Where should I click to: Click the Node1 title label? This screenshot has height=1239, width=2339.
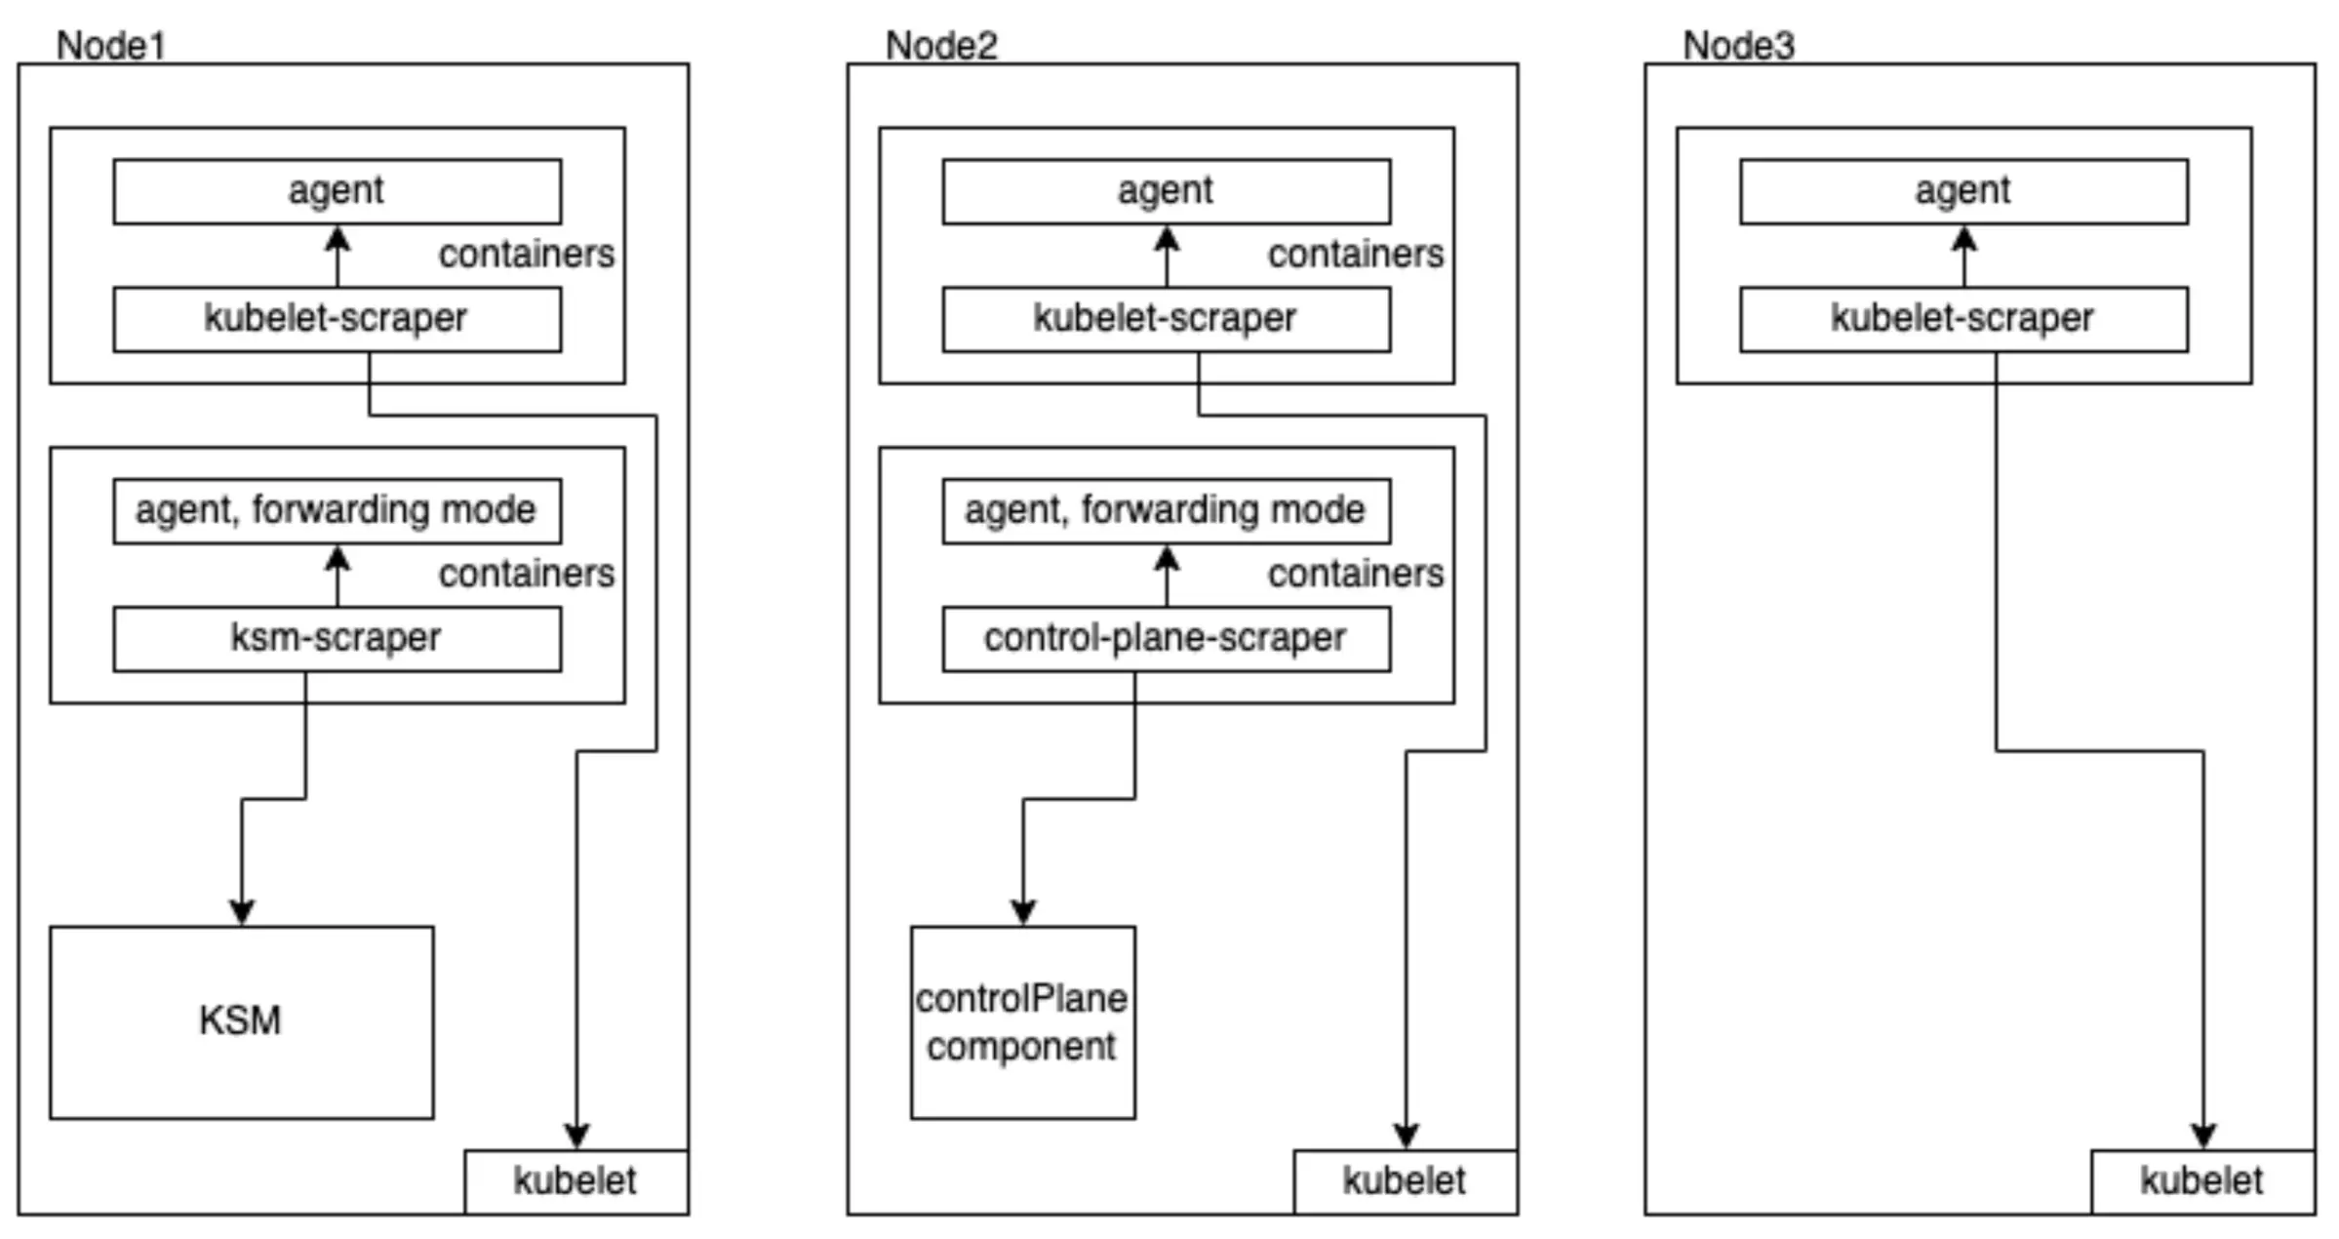click(110, 46)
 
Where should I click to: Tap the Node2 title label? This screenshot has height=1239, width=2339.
click(940, 46)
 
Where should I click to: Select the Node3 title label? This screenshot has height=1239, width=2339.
click(1738, 46)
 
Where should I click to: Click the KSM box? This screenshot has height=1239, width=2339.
click(241, 1021)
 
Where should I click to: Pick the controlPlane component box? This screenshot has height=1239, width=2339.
click(1022, 1021)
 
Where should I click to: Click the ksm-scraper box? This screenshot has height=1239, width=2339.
click(337, 639)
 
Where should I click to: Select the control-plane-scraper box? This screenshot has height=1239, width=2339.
click(1166, 639)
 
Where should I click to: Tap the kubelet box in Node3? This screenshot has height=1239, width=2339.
click(2201, 1181)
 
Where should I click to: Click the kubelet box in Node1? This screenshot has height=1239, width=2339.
click(575, 1181)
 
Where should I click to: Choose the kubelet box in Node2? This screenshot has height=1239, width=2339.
click(1405, 1181)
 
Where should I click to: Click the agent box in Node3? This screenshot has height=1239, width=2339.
click(1962, 191)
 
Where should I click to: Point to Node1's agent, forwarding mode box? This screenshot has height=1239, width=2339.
click(337, 510)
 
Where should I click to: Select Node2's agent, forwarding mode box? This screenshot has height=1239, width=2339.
click(1166, 510)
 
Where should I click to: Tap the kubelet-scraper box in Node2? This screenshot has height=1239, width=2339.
click(1166, 319)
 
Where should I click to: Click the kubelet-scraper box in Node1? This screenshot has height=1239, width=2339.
click(337, 319)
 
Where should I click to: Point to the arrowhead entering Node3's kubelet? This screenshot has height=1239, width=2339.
click(2203, 1136)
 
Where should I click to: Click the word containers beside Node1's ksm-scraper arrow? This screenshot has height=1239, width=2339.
click(526, 574)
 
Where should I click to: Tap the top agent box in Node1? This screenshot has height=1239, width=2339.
click(337, 191)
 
